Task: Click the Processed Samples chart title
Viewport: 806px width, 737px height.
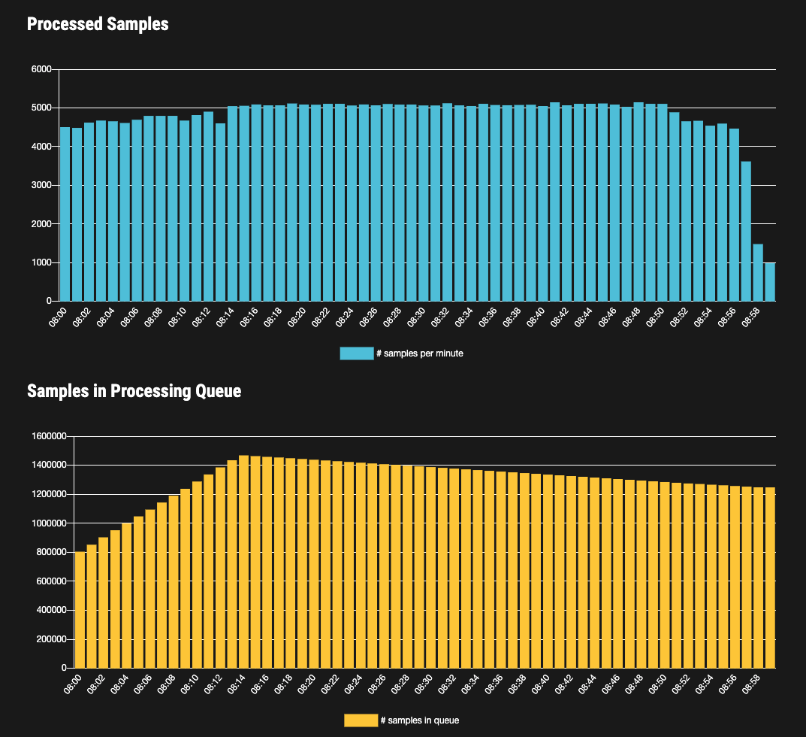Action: coord(98,24)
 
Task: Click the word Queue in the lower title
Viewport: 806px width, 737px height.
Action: coord(219,391)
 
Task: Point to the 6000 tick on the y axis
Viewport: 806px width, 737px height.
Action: coord(41,70)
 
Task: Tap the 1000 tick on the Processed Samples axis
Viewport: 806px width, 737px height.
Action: coord(41,262)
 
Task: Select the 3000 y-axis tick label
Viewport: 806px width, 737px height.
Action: coord(41,185)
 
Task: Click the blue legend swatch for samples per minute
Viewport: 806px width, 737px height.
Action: coord(356,353)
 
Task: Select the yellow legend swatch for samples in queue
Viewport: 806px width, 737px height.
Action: coord(361,720)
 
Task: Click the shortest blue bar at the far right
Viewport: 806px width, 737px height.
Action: coord(770,282)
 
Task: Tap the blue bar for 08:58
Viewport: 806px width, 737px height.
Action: coord(758,272)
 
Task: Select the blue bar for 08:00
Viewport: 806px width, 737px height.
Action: coord(65,214)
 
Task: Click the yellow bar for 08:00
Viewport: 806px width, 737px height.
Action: coord(80,609)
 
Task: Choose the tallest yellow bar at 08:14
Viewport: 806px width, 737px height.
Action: coord(243,561)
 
